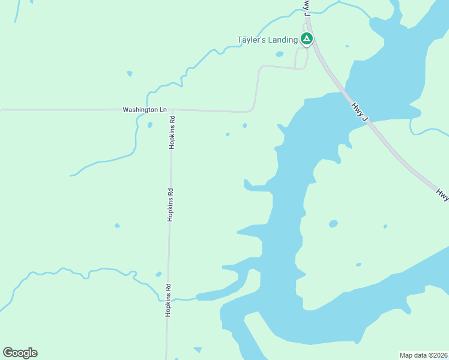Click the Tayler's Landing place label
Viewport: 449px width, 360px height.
pyautogui.click(x=267, y=40)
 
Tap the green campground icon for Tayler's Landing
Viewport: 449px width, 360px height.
pyautogui.click(x=307, y=40)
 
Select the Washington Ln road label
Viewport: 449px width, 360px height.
pyautogui.click(x=145, y=110)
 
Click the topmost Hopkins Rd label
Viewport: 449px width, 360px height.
pyautogui.click(x=172, y=131)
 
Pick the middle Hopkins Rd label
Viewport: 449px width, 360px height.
pyautogui.click(x=170, y=205)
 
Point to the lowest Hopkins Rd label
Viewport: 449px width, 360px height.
pyautogui.click(x=169, y=299)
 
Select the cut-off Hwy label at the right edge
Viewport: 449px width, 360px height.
pyautogui.click(x=442, y=193)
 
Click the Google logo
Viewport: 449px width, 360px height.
pyautogui.click(x=20, y=353)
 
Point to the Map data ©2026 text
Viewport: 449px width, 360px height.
pyautogui.click(x=423, y=355)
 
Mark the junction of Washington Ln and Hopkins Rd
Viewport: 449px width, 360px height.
pyautogui.click(x=172, y=110)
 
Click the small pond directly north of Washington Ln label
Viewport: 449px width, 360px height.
pyautogui.click(x=129, y=74)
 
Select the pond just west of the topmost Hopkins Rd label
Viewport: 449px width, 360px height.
pyautogui.click(x=149, y=125)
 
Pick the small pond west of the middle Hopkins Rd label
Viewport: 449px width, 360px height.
pyautogui.click(x=117, y=225)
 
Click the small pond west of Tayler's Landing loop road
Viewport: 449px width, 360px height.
pyautogui.click(x=279, y=54)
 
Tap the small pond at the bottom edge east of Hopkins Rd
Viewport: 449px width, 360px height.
pyautogui.click(x=197, y=349)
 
